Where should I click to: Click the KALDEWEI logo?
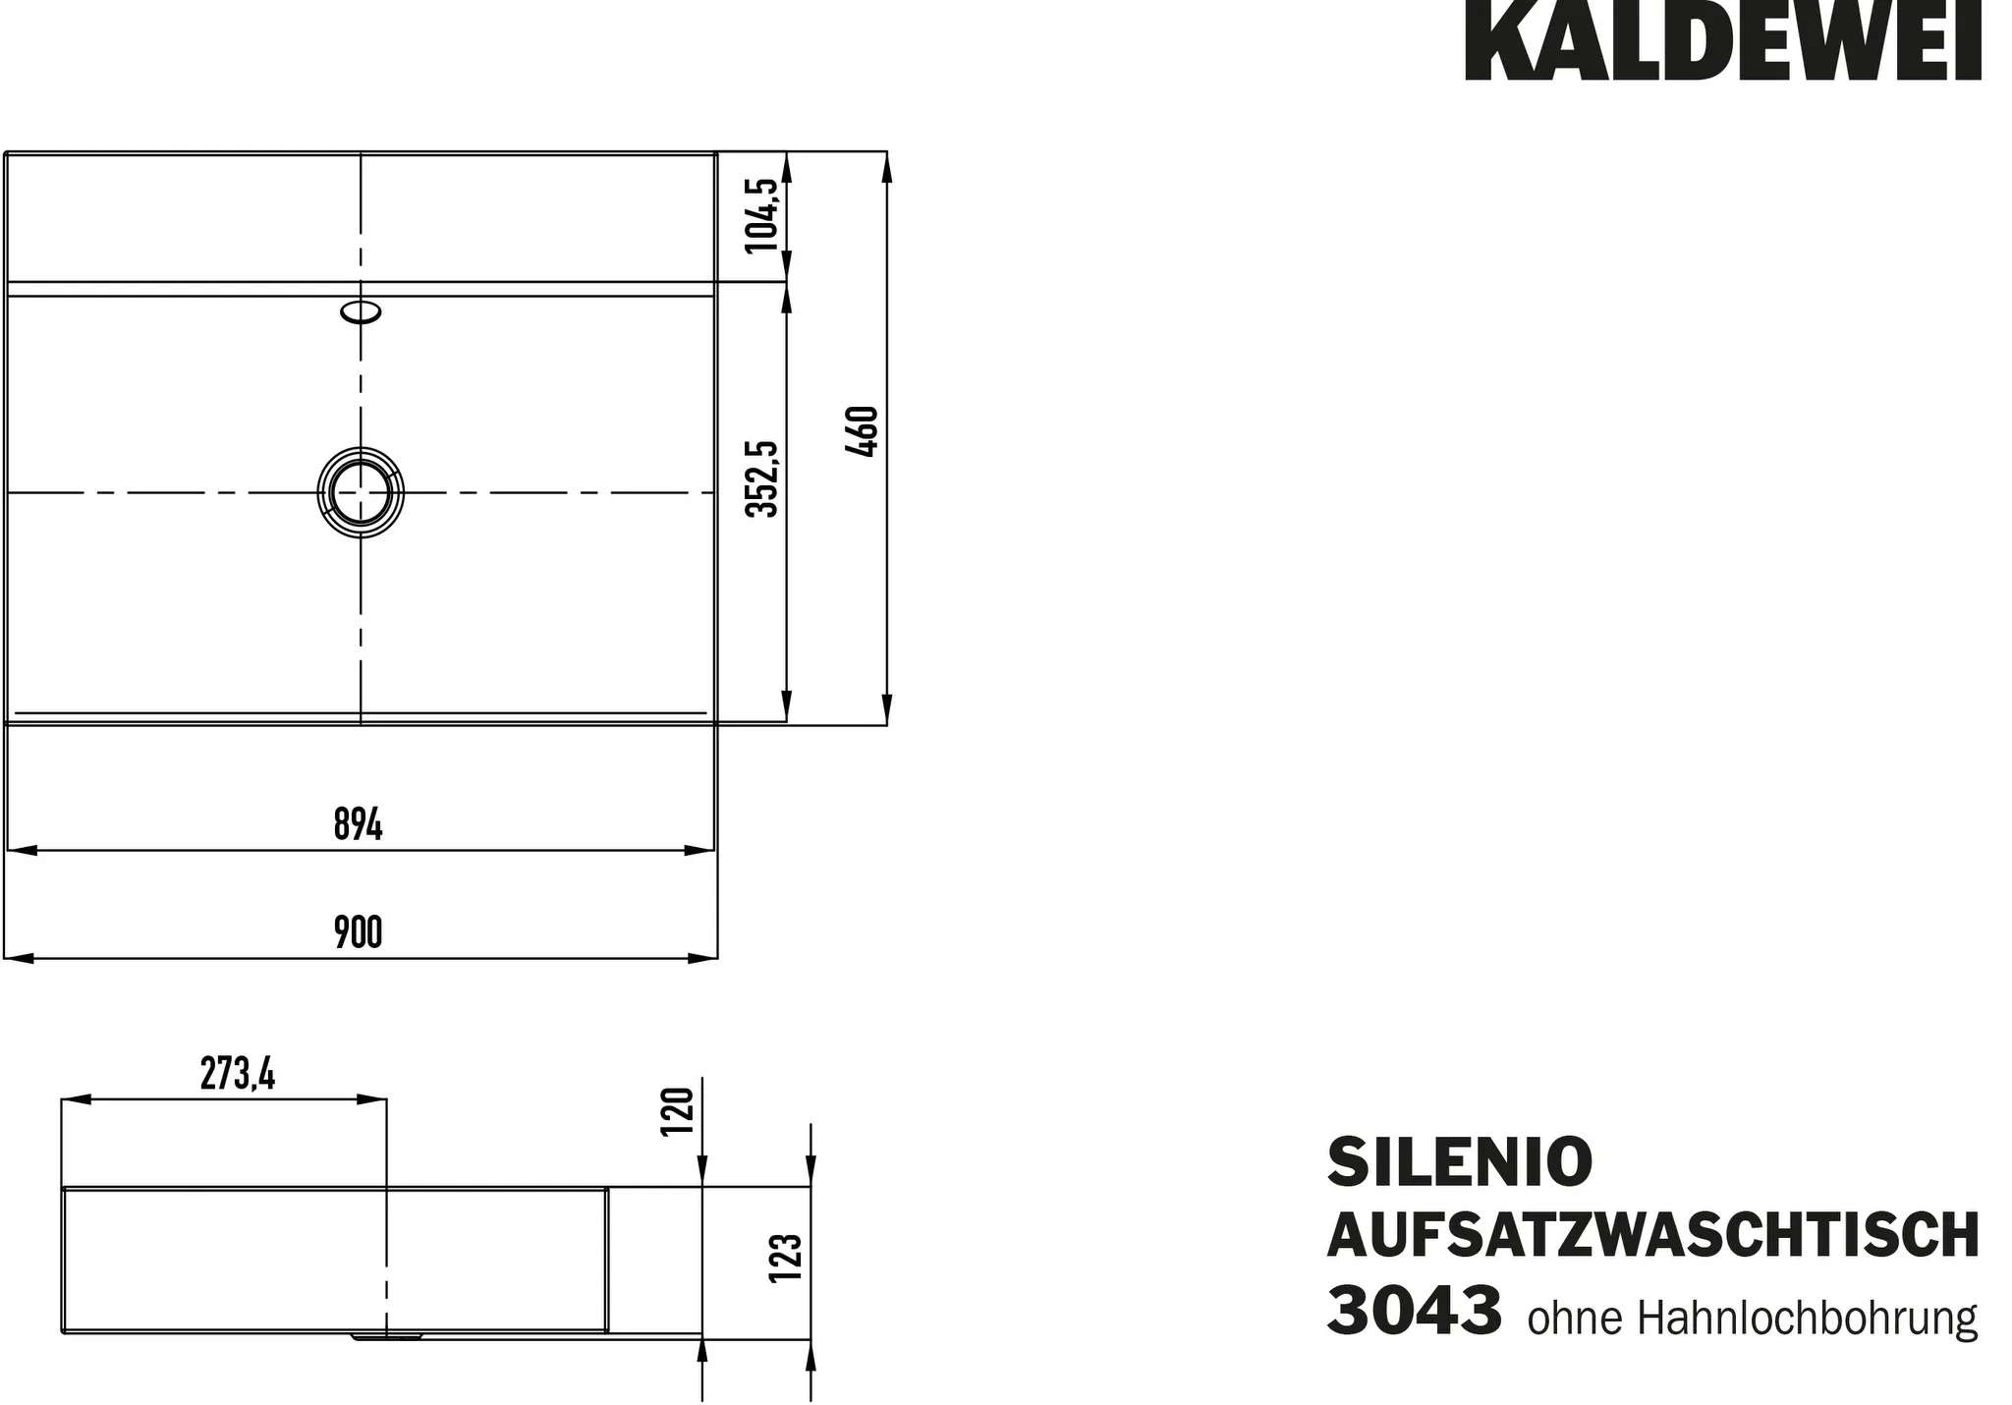click(x=1722, y=40)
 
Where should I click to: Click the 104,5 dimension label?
click(x=762, y=215)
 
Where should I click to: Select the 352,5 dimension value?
click(x=762, y=478)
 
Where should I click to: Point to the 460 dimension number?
click(x=862, y=431)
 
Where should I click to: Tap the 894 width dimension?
click(x=358, y=824)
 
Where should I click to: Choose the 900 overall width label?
click(x=358, y=932)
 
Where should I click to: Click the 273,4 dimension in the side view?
click(x=238, y=1075)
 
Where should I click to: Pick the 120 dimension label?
click(x=678, y=1110)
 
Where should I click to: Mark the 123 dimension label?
click(x=787, y=1257)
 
